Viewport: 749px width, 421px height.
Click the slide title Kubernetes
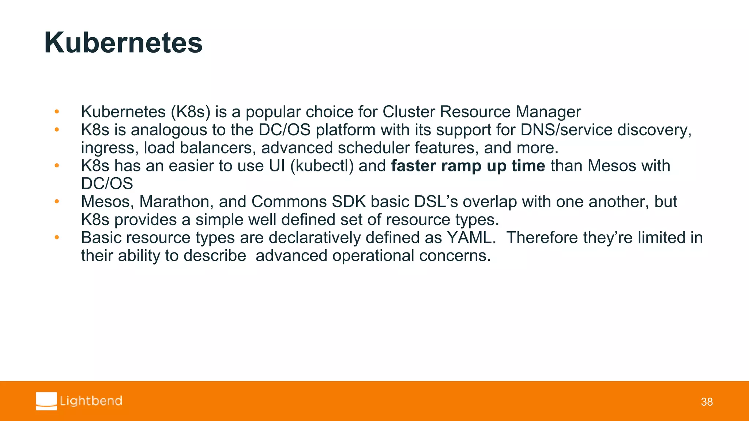[x=123, y=43]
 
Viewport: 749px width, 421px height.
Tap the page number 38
[x=707, y=402]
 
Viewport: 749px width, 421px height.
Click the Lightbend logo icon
[x=46, y=401]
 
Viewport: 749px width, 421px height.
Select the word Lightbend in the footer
[x=91, y=401]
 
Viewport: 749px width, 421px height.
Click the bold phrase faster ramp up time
[x=468, y=166]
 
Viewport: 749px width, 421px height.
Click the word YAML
[x=471, y=238]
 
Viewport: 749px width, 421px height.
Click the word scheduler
[x=373, y=148]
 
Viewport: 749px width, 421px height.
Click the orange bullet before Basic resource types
[x=57, y=238]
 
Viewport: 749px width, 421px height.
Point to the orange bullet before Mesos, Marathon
[x=57, y=201]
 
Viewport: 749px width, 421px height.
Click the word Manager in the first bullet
[x=548, y=112]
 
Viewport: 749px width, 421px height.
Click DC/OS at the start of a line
[x=107, y=184]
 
